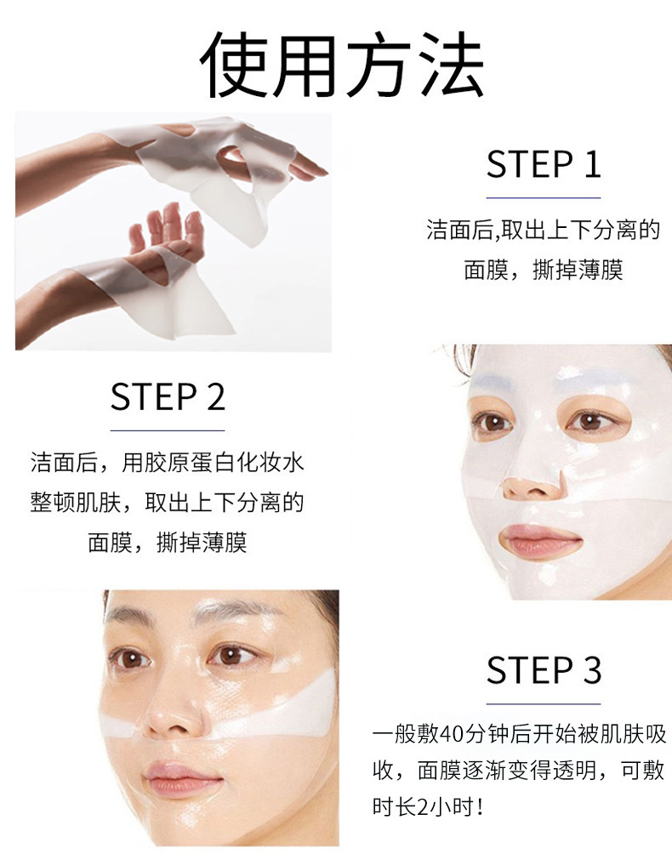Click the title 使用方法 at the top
click(341, 65)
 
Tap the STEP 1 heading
click(544, 164)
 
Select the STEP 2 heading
click(168, 396)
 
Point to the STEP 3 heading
click(544, 670)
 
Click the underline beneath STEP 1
click(544, 197)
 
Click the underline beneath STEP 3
click(544, 703)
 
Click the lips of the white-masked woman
click(539, 539)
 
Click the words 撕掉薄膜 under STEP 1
click(578, 270)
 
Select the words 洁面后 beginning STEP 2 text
click(64, 463)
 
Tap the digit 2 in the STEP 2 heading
click(216, 396)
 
